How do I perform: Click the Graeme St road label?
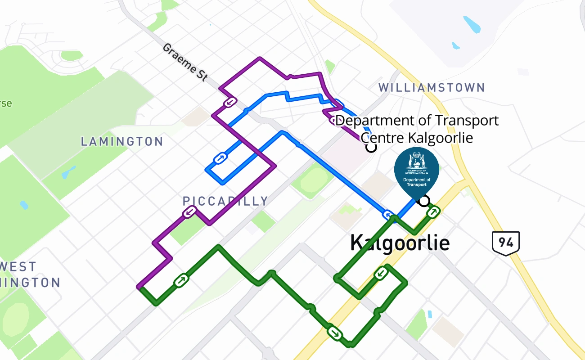click(185, 62)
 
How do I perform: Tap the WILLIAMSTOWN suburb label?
click(431, 87)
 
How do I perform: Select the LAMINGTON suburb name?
click(122, 142)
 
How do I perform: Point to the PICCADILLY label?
click(225, 201)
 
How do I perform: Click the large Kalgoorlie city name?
click(400, 243)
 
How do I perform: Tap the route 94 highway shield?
click(506, 243)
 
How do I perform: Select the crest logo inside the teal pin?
click(416, 162)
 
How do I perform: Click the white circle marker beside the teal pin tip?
click(423, 201)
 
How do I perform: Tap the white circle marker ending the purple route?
click(371, 147)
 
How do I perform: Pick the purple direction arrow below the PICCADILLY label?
click(189, 212)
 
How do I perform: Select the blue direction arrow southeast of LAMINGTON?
click(220, 158)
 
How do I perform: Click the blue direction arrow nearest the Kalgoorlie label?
click(387, 214)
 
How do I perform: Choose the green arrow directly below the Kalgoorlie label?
click(381, 273)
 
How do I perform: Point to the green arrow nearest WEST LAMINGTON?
click(181, 280)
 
